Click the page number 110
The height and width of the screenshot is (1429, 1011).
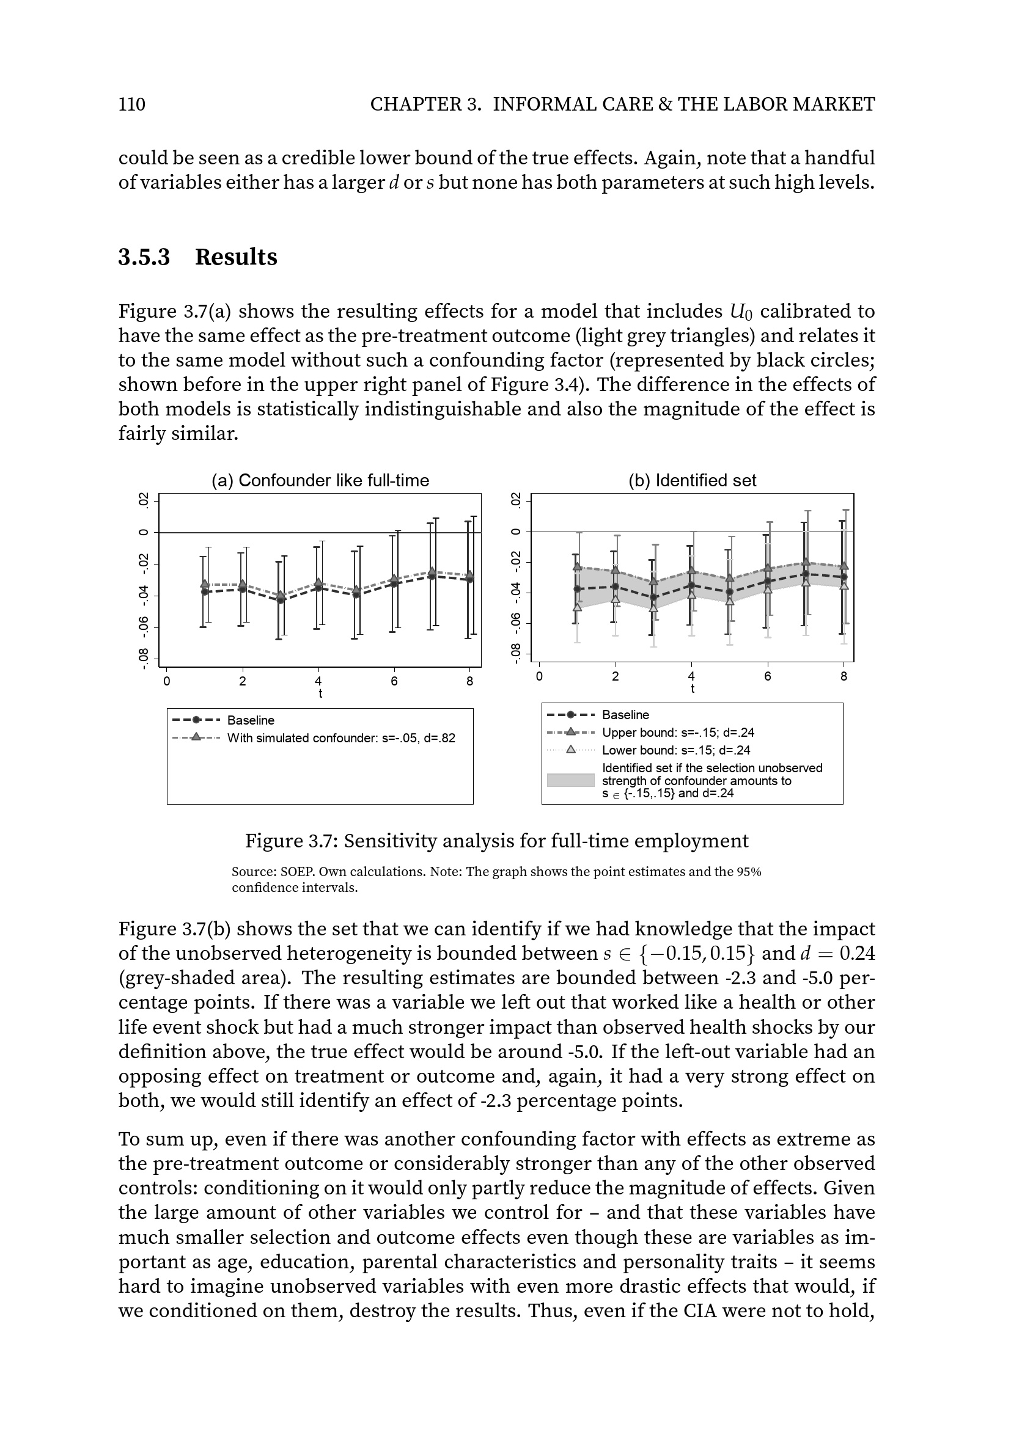click(132, 104)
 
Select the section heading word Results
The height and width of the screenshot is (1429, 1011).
click(236, 257)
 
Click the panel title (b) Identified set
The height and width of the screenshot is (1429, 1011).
click(693, 480)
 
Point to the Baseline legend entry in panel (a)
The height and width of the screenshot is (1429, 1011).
click(250, 720)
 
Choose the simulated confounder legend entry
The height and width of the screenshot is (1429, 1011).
click(340, 738)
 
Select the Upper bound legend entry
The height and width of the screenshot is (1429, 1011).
click(677, 733)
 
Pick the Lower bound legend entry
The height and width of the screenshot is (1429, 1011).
click(675, 750)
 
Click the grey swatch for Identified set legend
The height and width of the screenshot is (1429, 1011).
click(570, 780)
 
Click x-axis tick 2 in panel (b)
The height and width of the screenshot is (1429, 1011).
click(615, 676)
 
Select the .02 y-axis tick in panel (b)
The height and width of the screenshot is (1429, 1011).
click(515, 500)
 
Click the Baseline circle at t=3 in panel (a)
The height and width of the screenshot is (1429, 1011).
click(280, 600)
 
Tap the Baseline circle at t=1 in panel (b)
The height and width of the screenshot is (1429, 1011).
click(576, 589)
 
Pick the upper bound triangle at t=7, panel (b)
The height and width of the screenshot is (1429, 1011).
click(806, 562)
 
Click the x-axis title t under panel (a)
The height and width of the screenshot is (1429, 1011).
click(320, 693)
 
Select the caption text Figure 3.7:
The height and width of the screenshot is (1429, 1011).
click(292, 841)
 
